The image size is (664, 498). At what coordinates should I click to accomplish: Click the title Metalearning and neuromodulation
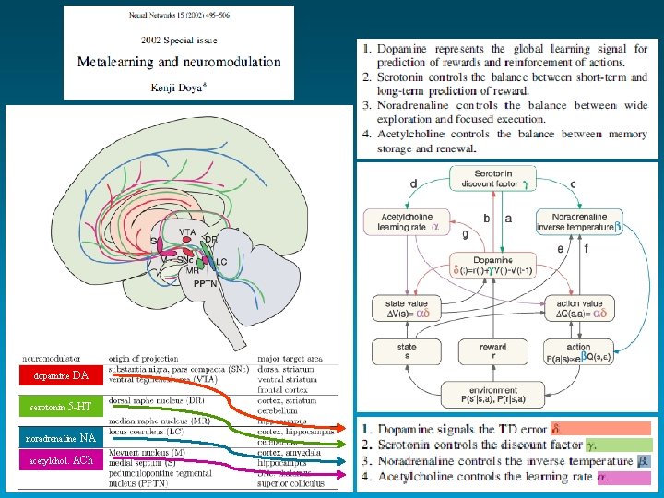click(179, 63)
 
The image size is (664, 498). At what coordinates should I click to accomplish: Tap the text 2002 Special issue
click(179, 41)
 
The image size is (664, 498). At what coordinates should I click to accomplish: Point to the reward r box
click(492, 351)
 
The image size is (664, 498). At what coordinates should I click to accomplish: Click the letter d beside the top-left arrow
click(412, 184)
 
